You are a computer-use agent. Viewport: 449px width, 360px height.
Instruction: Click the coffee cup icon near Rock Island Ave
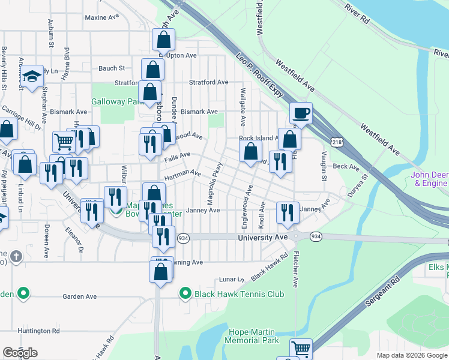pos(301,112)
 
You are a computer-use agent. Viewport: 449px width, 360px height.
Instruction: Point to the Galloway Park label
pos(115,101)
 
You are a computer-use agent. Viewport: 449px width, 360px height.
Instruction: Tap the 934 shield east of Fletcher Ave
pos(315,238)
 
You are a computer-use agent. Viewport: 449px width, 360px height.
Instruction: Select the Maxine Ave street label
pos(102,17)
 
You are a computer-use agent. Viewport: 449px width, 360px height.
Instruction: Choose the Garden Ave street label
pos(80,296)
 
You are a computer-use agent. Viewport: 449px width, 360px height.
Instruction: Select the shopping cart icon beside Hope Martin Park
pos(301,349)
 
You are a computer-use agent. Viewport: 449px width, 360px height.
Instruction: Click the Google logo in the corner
pos(20,353)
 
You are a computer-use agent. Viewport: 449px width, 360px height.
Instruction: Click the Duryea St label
pos(357,186)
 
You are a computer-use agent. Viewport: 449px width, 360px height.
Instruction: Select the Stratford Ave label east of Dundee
pos(208,82)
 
